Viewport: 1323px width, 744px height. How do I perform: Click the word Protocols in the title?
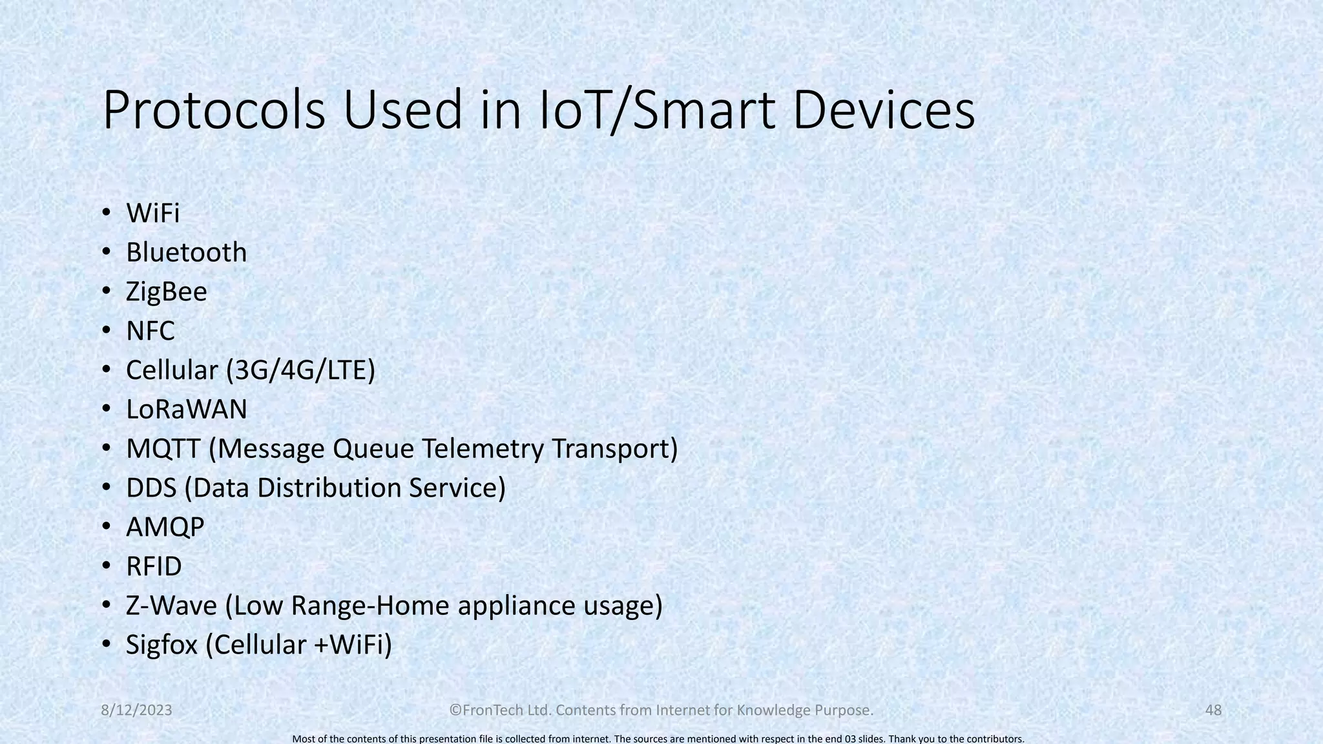pyautogui.click(x=214, y=111)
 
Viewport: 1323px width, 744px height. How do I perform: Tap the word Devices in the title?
pyautogui.click(x=883, y=111)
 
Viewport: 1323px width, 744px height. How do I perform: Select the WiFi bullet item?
pyautogui.click(x=152, y=213)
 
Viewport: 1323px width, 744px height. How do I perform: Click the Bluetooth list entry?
pyautogui.click(x=186, y=253)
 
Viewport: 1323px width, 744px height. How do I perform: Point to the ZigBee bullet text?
pyautogui.click(x=166, y=292)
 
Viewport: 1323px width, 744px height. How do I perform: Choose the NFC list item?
pyautogui.click(x=150, y=331)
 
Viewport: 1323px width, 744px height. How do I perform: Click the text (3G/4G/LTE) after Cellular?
pyautogui.click(x=300, y=371)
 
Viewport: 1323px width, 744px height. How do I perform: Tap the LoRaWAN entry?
pyautogui.click(x=186, y=409)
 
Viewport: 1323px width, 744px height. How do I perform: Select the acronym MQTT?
pyautogui.click(x=163, y=449)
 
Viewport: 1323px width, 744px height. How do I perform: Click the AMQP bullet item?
pyautogui.click(x=165, y=528)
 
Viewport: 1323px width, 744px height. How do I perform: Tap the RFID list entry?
pyautogui.click(x=154, y=567)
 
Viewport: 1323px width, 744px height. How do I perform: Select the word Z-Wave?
pyautogui.click(x=171, y=606)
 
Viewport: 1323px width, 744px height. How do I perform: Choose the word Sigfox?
pyautogui.click(x=161, y=645)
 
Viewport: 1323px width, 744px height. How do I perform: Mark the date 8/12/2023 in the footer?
pyautogui.click(x=137, y=710)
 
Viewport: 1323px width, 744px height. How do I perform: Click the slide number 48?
pyautogui.click(x=1213, y=710)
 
